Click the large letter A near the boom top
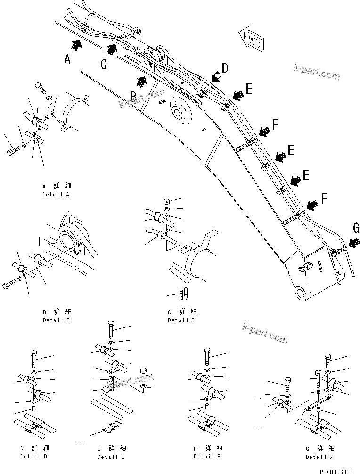click(x=68, y=60)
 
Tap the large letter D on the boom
click(x=225, y=68)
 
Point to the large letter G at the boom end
click(x=356, y=229)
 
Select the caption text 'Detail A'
click(x=56, y=194)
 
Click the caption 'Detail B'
click(x=56, y=320)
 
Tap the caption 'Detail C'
click(x=181, y=320)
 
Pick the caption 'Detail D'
click(x=34, y=457)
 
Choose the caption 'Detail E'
click(x=111, y=457)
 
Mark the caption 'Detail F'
click(x=207, y=457)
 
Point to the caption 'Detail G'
click(x=319, y=457)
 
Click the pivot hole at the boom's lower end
click(x=300, y=294)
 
